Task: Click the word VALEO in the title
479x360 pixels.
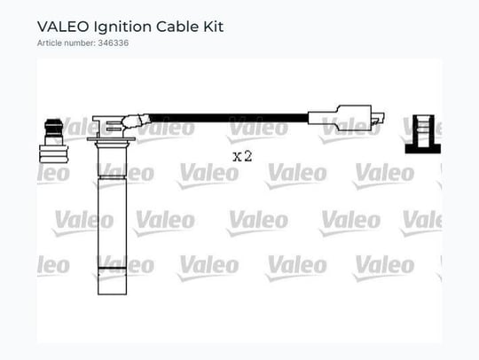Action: [x=63, y=27]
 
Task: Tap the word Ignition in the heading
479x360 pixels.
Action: [x=122, y=27]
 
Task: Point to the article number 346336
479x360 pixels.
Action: [x=113, y=43]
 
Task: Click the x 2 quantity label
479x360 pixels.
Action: [x=242, y=156]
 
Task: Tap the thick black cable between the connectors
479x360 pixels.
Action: [x=229, y=118]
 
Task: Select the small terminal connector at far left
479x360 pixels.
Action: [x=54, y=140]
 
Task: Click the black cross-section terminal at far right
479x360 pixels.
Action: [x=423, y=134]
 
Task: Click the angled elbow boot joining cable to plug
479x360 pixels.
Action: [x=135, y=122]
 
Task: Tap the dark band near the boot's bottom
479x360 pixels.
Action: [x=112, y=269]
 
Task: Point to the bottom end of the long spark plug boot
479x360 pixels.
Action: [x=112, y=294]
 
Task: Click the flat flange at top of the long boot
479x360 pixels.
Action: [x=111, y=139]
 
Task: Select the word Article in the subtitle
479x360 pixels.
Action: [x=49, y=43]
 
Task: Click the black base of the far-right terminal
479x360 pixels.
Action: [x=423, y=149]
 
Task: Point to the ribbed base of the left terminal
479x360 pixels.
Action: [x=54, y=154]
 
